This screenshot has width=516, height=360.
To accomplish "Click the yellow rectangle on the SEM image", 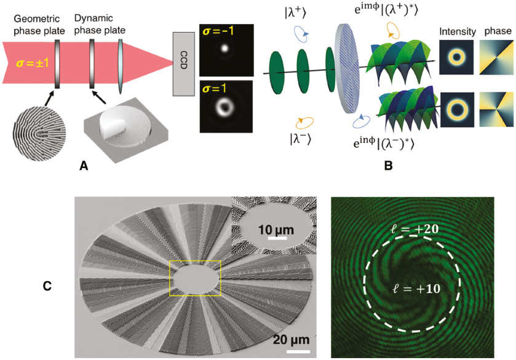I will click(194, 279).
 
